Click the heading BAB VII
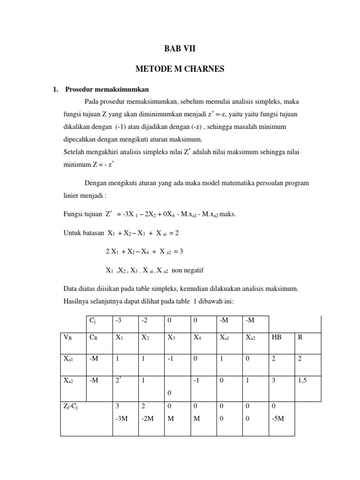coord(180,47)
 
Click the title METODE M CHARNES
coord(180,69)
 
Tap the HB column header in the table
coord(276,337)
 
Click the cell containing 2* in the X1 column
coord(119,381)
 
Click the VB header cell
coord(68,337)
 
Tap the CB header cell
coord(93,337)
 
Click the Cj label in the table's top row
coord(93,320)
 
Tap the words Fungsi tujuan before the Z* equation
coord(82,214)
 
